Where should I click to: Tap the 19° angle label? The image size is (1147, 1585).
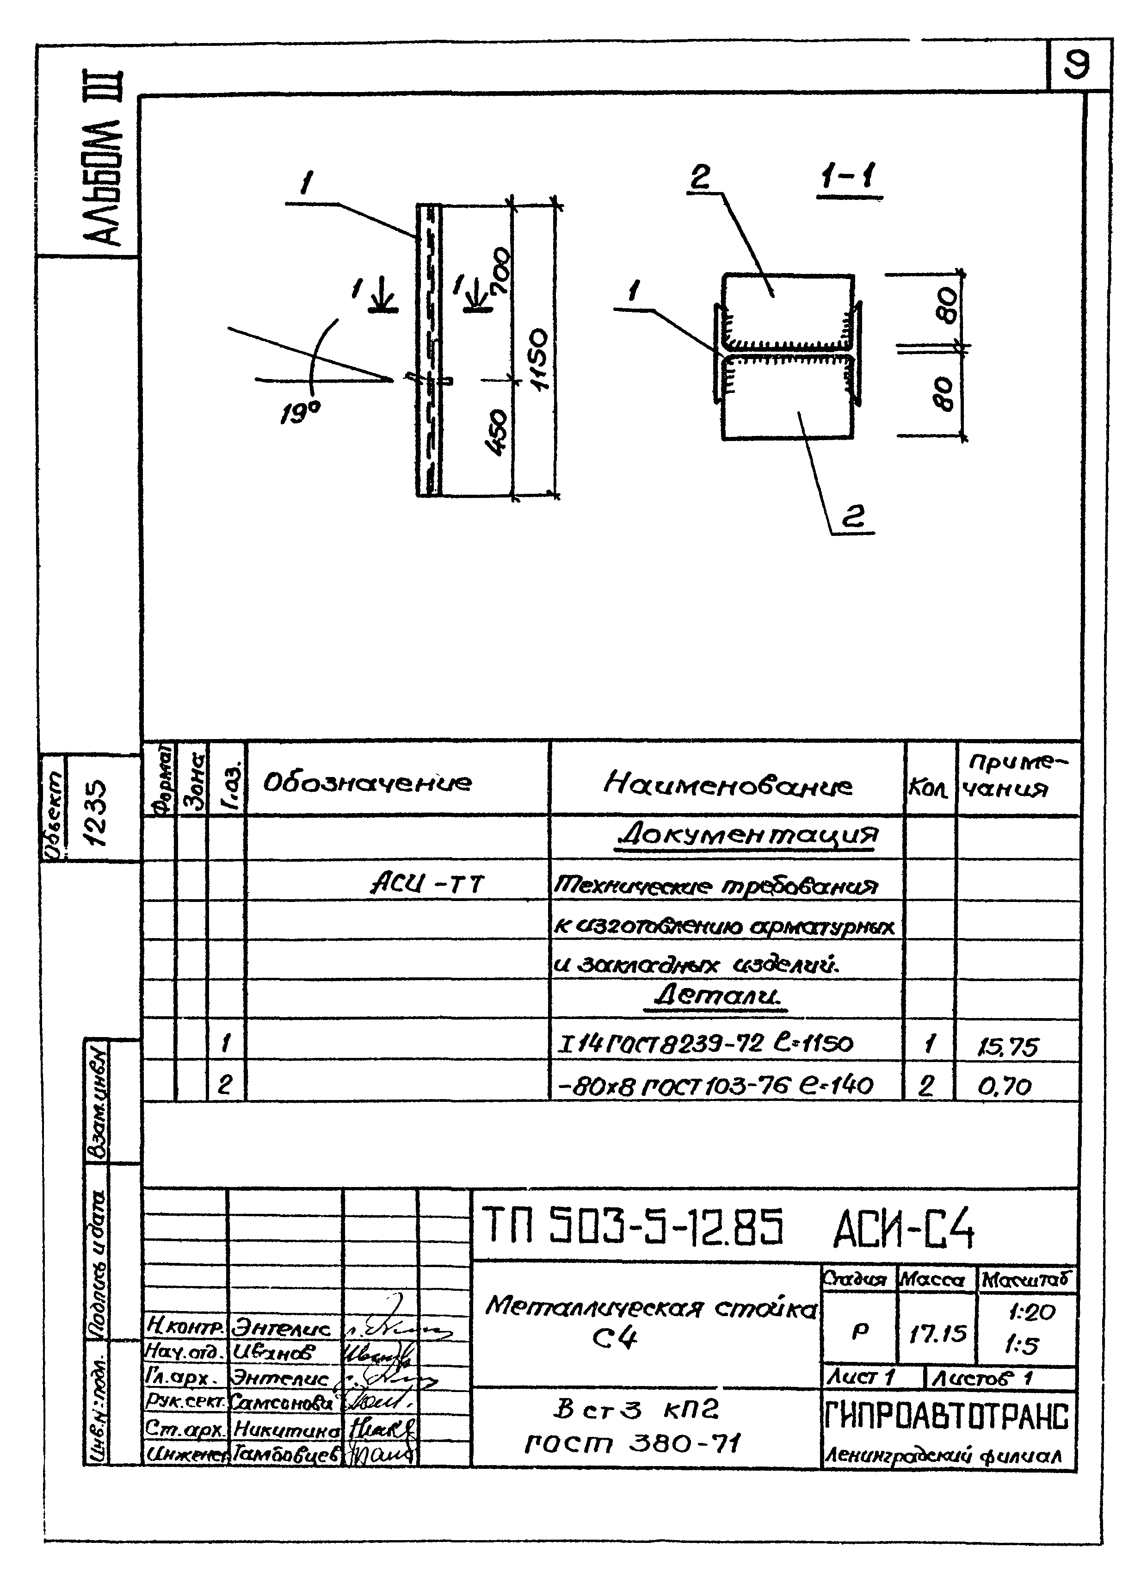[300, 415]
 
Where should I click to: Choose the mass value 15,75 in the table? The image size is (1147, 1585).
[1007, 1046]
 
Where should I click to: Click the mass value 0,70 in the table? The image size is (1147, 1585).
[1005, 1086]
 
